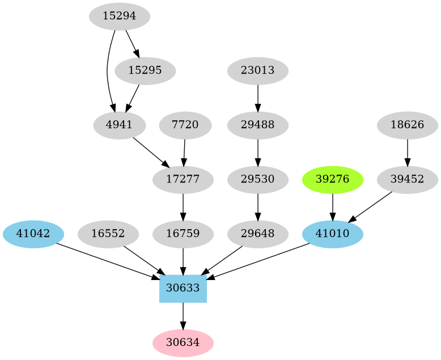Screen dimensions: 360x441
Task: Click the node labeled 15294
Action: pos(120,16)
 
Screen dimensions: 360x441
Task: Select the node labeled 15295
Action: pos(145,71)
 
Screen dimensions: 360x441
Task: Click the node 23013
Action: pos(258,71)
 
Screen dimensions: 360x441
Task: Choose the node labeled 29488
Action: pos(258,125)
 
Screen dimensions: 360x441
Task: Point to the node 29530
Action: pos(258,180)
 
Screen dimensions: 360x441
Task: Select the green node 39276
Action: pos(333,180)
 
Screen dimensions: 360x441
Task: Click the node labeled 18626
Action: pos(408,125)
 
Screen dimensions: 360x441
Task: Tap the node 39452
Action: pos(408,180)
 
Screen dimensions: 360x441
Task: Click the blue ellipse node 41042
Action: pos(33,234)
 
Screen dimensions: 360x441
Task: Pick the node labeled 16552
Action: pos(108,234)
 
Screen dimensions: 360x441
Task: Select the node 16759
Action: pos(183,234)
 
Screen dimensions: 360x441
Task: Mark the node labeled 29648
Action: pos(258,234)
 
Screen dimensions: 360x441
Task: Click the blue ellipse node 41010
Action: pos(333,234)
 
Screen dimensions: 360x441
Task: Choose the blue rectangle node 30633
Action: pos(183,289)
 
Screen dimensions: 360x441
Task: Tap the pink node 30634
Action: pos(183,343)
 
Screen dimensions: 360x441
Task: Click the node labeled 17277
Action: pos(183,180)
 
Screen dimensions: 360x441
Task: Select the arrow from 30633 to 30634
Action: pos(183,316)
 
